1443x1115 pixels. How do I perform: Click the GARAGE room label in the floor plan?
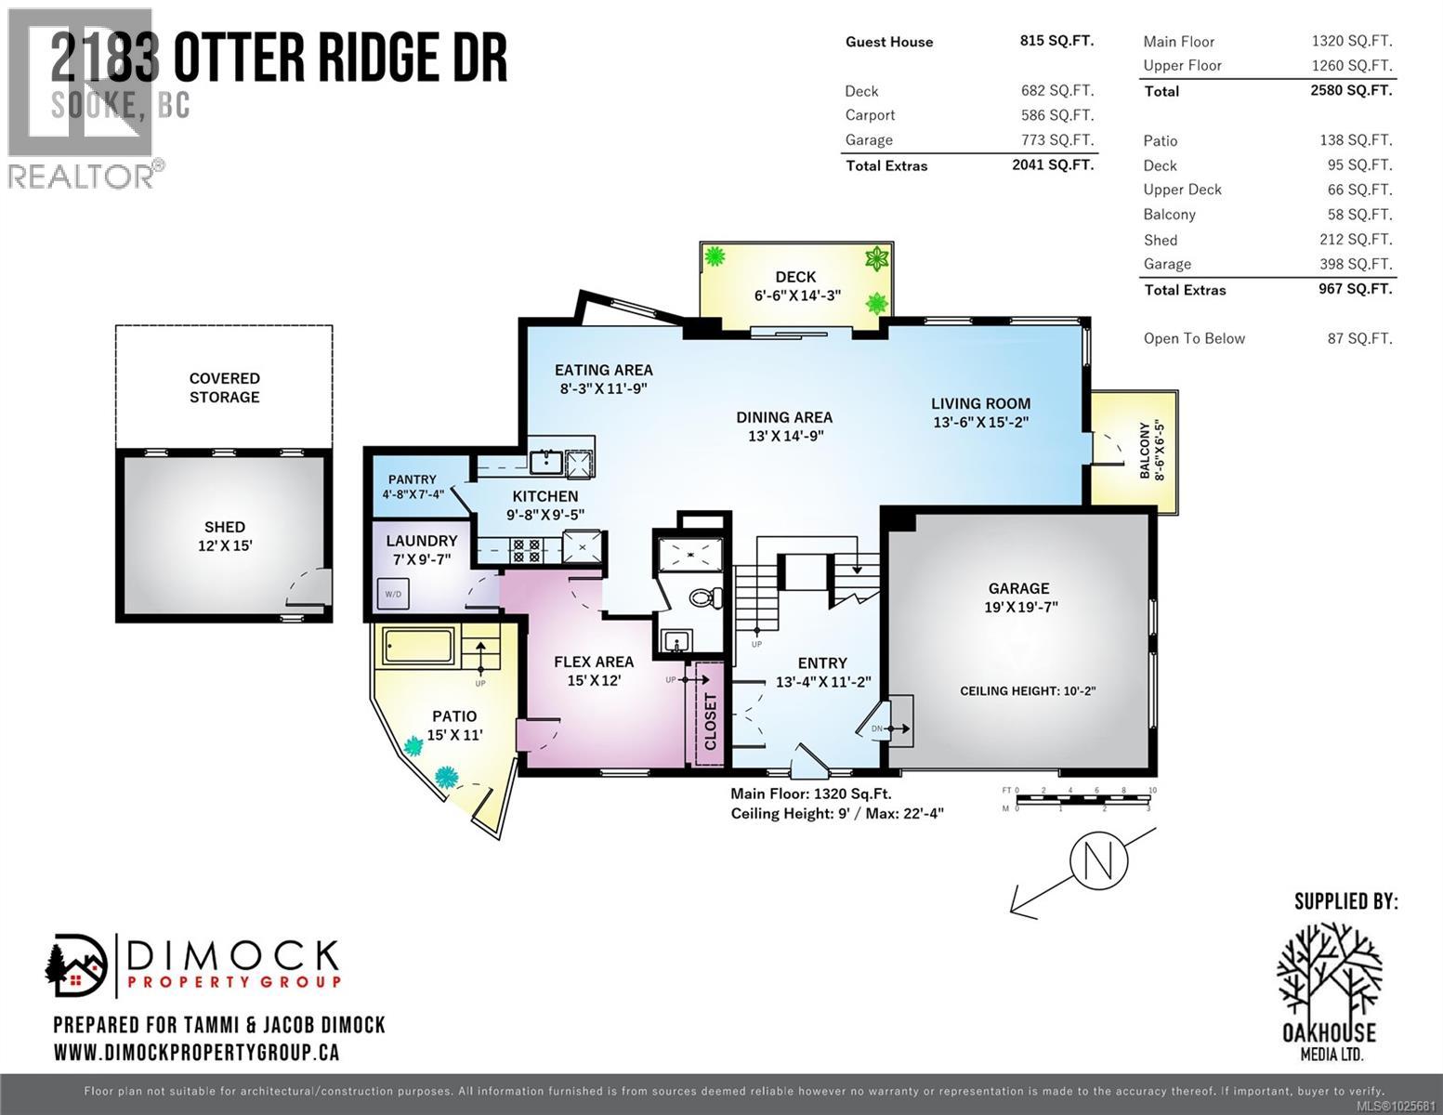pos(1018,588)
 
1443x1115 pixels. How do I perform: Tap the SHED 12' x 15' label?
pos(224,536)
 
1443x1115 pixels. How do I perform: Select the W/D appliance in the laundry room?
pos(393,593)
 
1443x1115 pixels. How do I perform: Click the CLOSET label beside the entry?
pos(711,720)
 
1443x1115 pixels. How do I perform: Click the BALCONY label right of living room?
pos(1151,452)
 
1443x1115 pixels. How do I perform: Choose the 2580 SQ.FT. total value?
pos(1352,90)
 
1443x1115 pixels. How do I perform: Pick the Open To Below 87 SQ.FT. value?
pos(1359,338)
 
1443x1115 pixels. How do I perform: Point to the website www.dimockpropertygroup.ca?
pos(196,1053)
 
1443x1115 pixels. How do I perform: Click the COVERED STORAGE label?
pos(224,387)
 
